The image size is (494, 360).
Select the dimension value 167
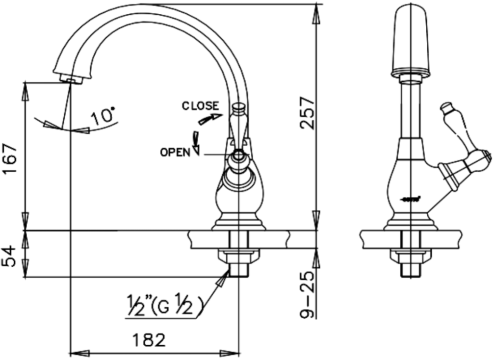point(11,159)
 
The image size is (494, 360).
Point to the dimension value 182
point(149,339)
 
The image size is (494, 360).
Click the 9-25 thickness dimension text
point(308,296)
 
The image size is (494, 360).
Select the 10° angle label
point(104,116)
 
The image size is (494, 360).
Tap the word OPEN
point(175,152)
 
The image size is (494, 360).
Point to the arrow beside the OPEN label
point(196,143)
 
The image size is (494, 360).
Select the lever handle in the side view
point(464,147)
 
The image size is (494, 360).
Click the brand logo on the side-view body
point(412,199)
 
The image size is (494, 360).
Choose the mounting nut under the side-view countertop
point(410,255)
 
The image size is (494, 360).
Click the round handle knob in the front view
point(238,156)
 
